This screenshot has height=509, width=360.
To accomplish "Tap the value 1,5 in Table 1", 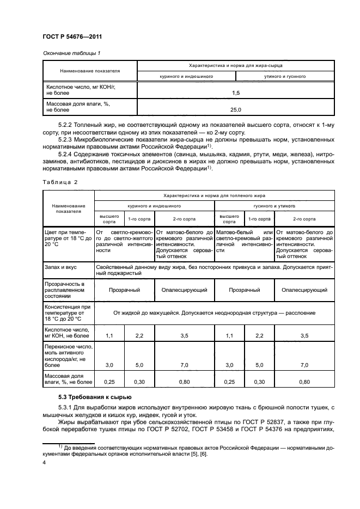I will point(235,93).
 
